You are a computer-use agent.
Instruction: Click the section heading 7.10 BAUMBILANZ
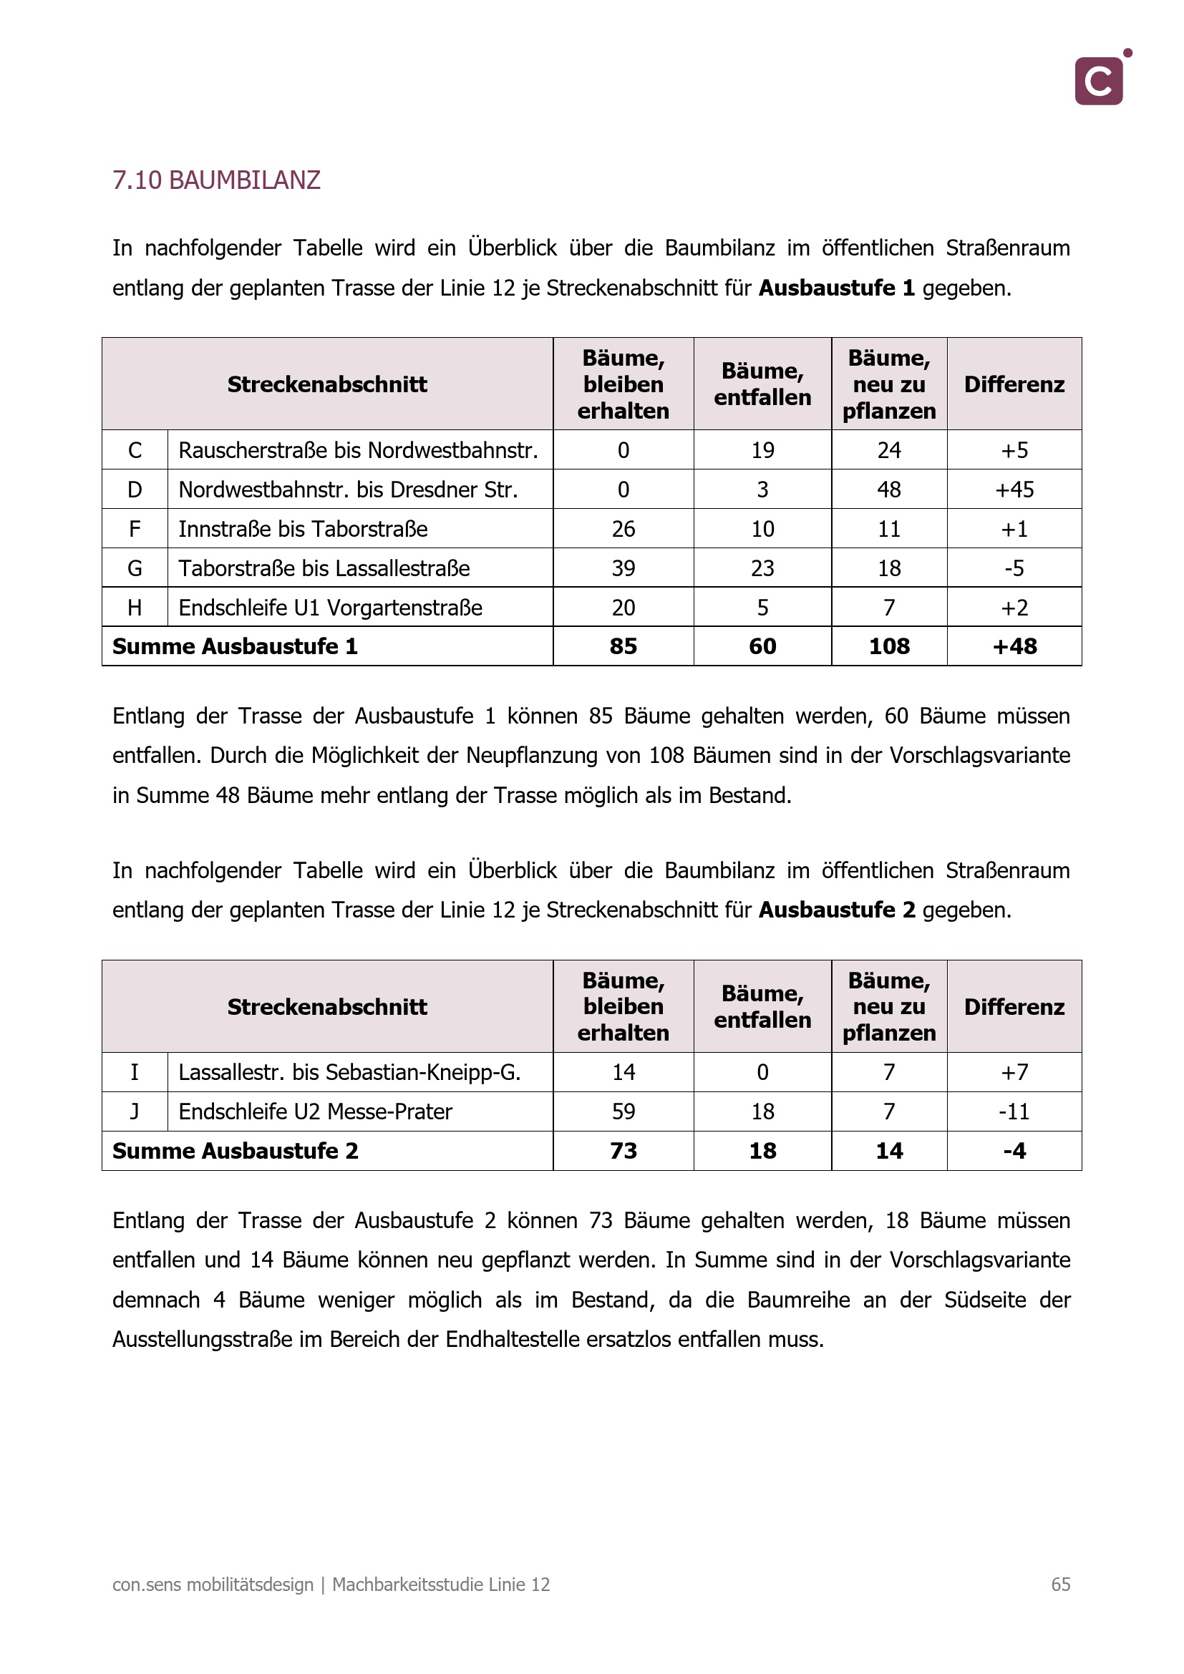(215, 180)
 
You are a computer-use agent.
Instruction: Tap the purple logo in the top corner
(1099, 81)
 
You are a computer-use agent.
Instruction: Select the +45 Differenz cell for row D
(1014, 490)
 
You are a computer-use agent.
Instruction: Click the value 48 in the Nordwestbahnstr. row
(889, 490)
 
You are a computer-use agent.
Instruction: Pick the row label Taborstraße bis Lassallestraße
(324, 568)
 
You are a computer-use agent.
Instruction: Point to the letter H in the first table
(135, 608)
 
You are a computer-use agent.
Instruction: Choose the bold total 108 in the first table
(889, 647)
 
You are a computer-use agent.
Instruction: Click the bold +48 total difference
(1014, 647)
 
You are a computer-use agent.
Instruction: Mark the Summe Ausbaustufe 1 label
(235, 647)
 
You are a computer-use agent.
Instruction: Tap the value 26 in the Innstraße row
(623, 529)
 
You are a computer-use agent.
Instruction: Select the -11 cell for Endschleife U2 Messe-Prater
(1014, 1112)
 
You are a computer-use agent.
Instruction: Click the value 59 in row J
(623, 1112)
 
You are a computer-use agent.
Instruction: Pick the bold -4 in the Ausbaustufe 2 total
(1014, 1152)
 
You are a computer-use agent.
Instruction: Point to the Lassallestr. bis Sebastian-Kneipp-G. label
(349, 1073)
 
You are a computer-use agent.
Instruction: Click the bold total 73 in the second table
(623, 1152)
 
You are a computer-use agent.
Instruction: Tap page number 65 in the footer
(1060, 1585)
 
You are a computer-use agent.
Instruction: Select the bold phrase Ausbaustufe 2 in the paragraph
(837, 910)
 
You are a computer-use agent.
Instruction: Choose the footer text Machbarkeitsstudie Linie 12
(440, 1585)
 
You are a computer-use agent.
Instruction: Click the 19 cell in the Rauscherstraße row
(762, 450)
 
